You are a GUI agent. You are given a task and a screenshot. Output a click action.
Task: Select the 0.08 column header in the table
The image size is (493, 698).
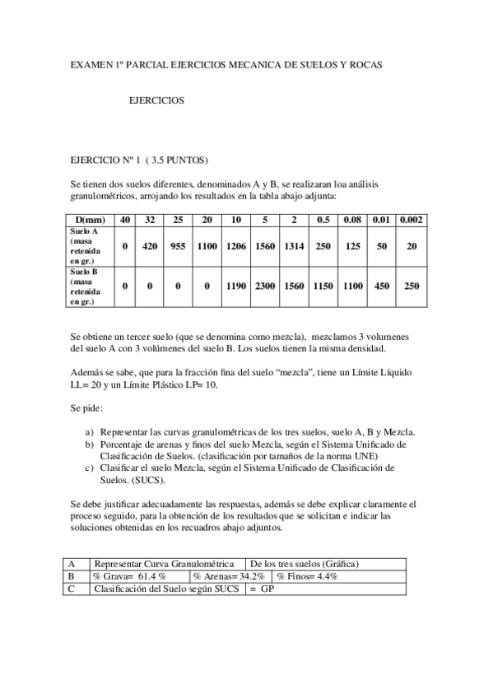[x=352, y=220]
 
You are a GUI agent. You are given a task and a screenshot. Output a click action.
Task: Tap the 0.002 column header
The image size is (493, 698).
[x=409, y=220]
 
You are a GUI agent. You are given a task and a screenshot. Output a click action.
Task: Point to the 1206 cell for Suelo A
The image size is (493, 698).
[x=236, y=246]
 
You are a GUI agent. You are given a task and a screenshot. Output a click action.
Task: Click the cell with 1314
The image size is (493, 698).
[x=294, y=246]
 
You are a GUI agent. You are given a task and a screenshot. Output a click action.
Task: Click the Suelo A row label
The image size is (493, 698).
[x=86, y=246]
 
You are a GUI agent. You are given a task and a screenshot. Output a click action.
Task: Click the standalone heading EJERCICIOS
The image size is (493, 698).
[x=156, y=102]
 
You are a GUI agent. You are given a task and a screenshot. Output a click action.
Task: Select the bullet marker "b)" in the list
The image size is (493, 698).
[x=90, y=444]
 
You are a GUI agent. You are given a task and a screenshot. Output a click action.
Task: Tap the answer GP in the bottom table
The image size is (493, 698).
[x=267, y=589]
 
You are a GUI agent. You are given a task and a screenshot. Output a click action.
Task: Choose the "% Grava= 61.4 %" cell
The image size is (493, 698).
[x=130, y=577]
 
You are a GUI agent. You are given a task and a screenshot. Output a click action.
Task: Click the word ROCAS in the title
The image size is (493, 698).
[x=361, y=63]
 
